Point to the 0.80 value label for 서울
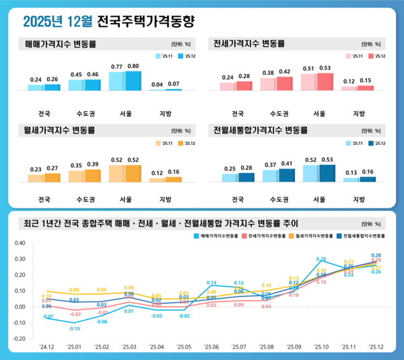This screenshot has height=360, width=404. (x=133, y=66)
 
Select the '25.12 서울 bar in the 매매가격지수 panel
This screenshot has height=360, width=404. (x=133, y=80)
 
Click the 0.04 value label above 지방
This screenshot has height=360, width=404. (x=157, y=84)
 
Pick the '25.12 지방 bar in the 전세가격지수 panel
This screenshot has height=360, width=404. (x=366, y=88)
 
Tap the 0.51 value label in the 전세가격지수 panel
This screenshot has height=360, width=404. (x=308, y=68)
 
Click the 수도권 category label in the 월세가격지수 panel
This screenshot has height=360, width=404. (x=84, y=200)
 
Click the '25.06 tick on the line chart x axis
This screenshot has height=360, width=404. (x=211, y=347)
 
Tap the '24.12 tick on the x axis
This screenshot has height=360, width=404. (x=46, y=347)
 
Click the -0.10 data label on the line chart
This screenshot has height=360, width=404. (x=74, y=328)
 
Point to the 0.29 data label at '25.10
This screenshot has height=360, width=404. (x=321, y=260)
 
